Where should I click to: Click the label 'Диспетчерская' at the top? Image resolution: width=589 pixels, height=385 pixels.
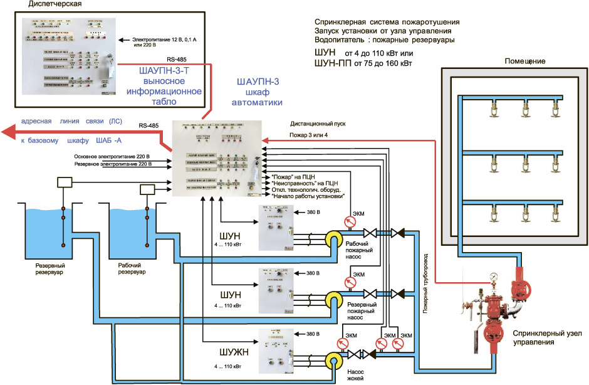(55, 5)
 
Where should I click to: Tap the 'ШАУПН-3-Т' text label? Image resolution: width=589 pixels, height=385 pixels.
(164, 70)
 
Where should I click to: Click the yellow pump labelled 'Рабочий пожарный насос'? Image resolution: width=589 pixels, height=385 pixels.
(333, 238)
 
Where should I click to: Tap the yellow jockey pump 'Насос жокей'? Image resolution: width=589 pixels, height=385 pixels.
(333, 360)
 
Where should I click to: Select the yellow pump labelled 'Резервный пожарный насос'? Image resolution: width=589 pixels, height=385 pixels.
(333, 298)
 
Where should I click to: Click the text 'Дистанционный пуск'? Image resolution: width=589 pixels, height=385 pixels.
(318, 124)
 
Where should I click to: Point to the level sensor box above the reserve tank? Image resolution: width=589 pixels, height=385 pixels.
(64, 183)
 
